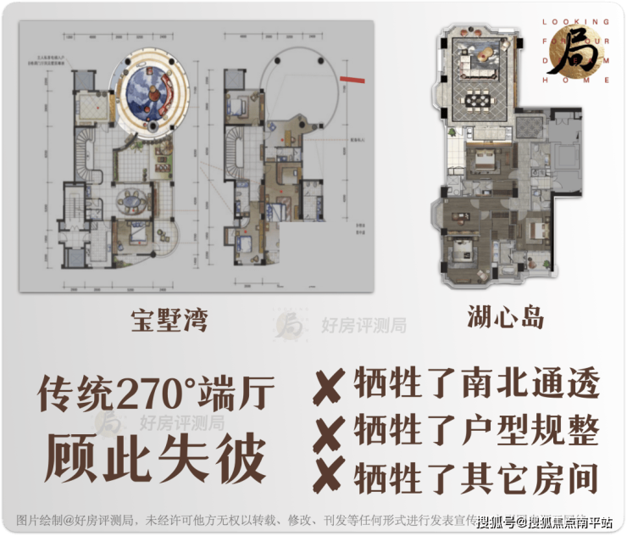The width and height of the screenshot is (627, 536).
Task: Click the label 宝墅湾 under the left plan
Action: pyautogui.click(x=169, y=321)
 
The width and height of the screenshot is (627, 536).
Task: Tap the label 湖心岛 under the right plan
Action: pyautogui.click(x=505, y=318)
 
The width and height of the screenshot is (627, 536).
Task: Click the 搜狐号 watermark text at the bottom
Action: pyautogui.click(x=497, y=520)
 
